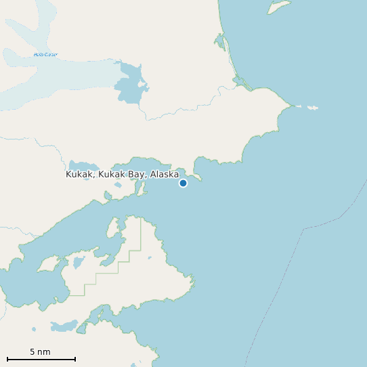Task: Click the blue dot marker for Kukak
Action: [183, 183]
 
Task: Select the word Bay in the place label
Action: [137, 175]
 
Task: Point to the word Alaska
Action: [165, 175]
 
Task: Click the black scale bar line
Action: [41, 359]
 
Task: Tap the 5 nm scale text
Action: [40, 351]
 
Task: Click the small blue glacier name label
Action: [45, 54]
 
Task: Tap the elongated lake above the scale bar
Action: [64, 326]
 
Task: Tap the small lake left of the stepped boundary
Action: [78, 262]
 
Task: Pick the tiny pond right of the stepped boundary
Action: [150, 258]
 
